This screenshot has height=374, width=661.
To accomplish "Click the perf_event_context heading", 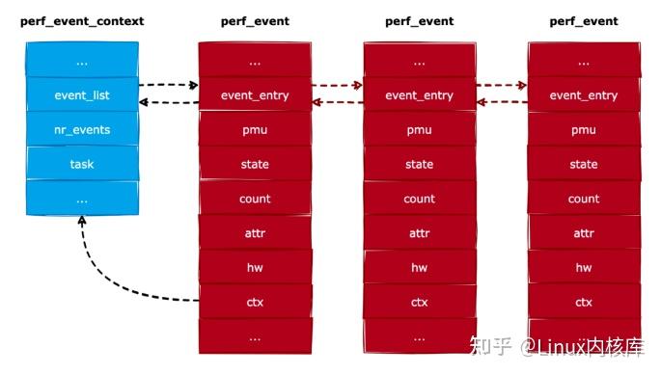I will tap(81, 21).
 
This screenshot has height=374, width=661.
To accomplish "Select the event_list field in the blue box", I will tap(81, 95).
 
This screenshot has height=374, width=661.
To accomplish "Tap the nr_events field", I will tap(81, 130).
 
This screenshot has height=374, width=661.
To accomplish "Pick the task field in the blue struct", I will tap(81, 164).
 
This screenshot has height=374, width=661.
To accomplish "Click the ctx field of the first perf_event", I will tap(255, 303).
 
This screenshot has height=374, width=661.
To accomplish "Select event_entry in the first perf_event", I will tap(255, 95).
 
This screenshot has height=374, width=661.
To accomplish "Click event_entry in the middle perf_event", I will tap(419, 95).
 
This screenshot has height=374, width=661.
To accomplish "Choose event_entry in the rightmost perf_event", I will tap(584, 95).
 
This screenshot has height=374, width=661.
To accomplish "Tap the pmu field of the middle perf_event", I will tap(419, 130).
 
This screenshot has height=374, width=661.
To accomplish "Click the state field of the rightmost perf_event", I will tap(584, 164).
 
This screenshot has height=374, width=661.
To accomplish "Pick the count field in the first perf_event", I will tap(255, 199).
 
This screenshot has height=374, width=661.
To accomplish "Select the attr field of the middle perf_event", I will tap(419, 233).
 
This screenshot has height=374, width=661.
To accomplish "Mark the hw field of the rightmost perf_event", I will tap(584, 268).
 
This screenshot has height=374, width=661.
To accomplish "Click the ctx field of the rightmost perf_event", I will tap(584, 303).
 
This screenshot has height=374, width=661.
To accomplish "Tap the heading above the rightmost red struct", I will tap(584, 21).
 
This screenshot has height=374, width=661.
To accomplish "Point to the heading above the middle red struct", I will tap(419, 21).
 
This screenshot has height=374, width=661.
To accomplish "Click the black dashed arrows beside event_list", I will tap(168, 93).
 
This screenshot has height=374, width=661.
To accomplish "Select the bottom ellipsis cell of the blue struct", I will tap(81, 199).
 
